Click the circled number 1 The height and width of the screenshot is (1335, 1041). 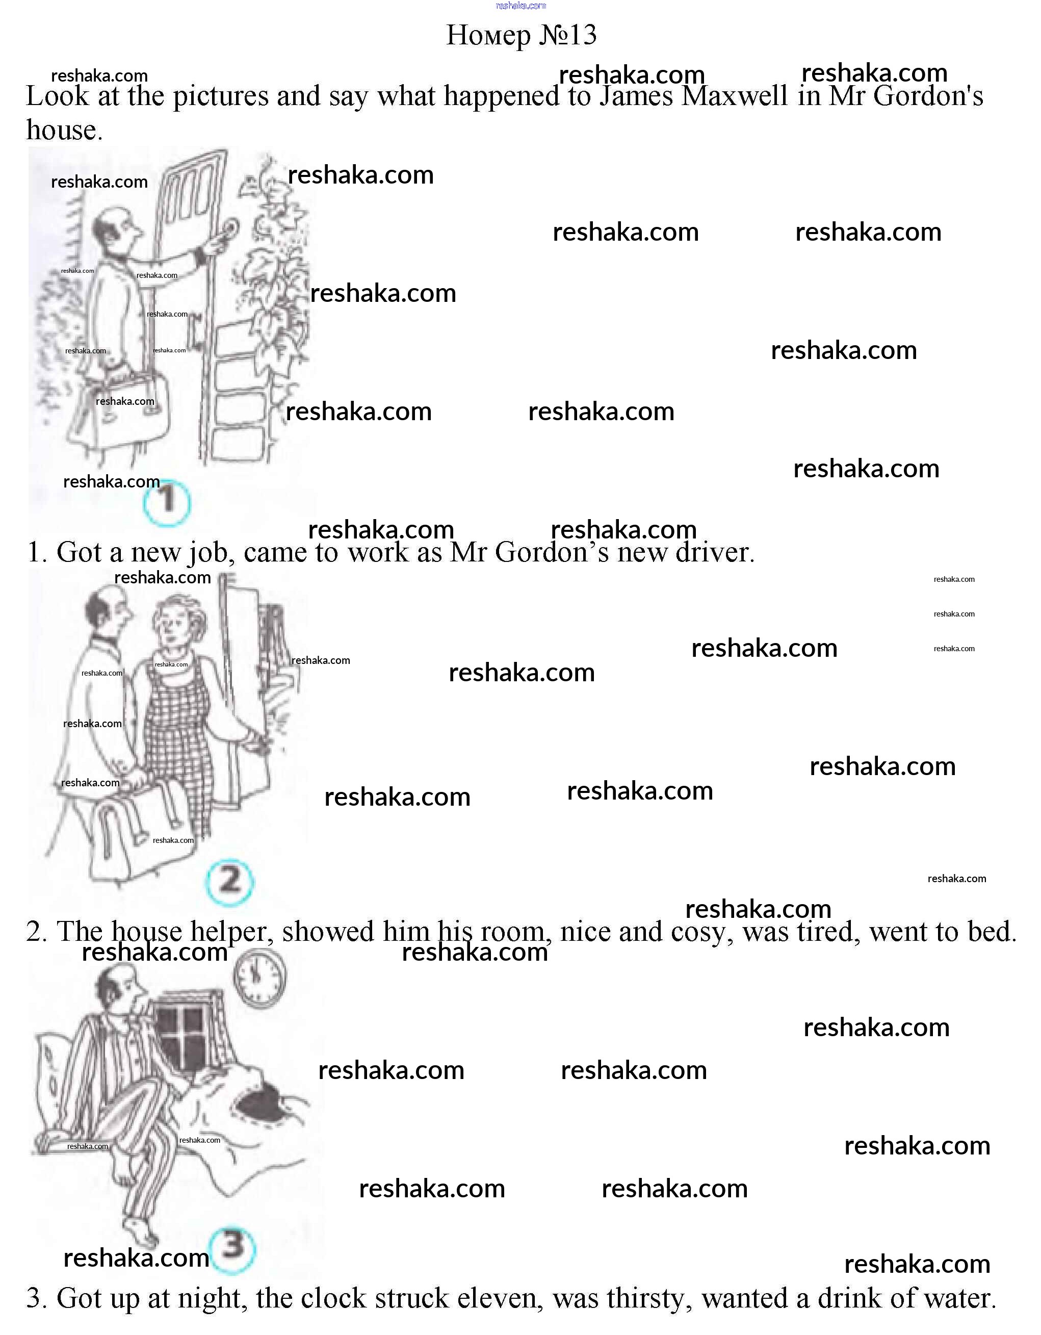click(x=167, y=502)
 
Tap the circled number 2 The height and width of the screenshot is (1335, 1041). click(x=230, y=882)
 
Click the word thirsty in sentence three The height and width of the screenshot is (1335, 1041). click(x=648, y=1299)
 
